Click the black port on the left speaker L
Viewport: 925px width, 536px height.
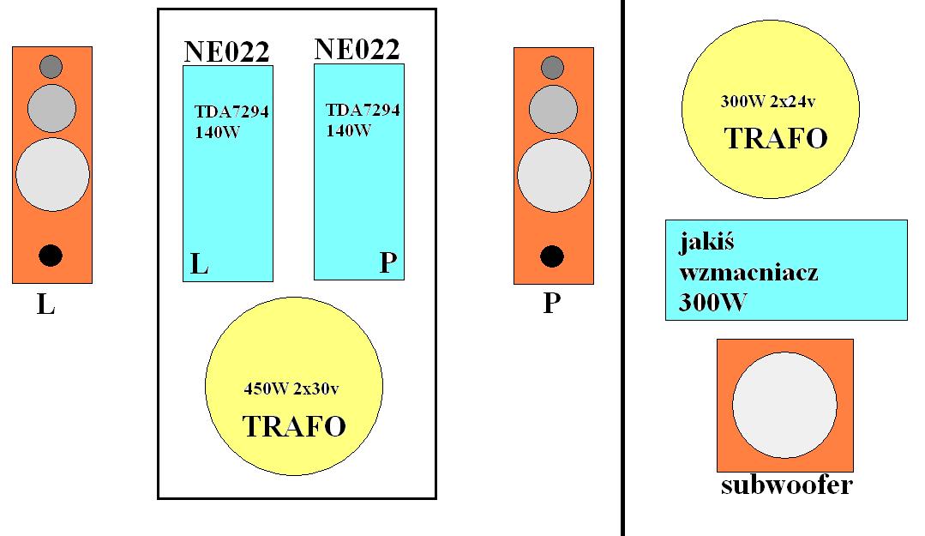click(x=50, y=256)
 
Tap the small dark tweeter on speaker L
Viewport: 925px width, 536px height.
click(x=51, y=67)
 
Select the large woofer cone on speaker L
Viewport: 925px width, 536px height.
click(x=52, y=174)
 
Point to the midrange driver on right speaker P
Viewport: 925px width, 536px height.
click(x=553, y=109)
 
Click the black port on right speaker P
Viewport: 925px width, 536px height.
click(x=551, y=256)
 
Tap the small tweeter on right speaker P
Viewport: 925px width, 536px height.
click(x=552, y=67)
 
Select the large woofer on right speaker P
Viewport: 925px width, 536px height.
click(x=554, y=175)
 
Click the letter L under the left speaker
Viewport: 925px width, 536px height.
click(x=46, y=304)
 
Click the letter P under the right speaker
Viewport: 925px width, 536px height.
click(x=551, y=303)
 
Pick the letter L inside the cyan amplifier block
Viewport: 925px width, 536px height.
click(x=200, y=264)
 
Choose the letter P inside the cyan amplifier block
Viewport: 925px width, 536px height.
click(x=387, y=262)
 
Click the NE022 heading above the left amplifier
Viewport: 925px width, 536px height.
click(x=227, y=52)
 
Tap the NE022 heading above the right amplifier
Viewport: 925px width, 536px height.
click(x=357, y=50)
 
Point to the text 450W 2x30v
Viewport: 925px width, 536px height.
click(x=291, y=388)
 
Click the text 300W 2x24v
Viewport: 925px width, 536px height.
click(x=768, y=101)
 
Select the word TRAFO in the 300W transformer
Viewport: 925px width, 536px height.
click(x=776, y=139)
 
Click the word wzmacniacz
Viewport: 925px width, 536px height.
click(x=748, y=272)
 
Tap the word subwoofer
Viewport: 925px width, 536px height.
click(x=787, y=485)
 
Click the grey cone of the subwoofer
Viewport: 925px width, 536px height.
click(x=784, y=405)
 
